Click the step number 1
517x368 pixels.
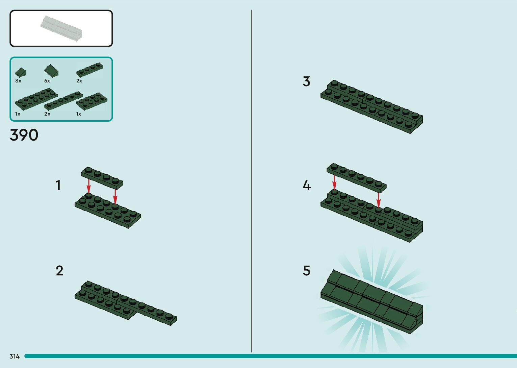click(x=58, y=185)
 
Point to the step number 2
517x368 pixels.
click(x=59, y=271)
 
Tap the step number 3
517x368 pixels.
click(x=306, y=81)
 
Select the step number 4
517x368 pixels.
click(x=306, y=185)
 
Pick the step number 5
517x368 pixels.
click(x=306, y=271)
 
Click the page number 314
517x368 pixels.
click(x=15, y=356)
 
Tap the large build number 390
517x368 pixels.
click(x=24, y=135)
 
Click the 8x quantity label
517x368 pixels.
click(x=18, y=81)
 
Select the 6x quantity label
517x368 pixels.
click(x=47, y=81)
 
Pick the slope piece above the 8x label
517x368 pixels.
click(x=21, y=72)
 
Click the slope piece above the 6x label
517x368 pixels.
click(x=51, y=71)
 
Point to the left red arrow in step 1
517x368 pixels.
click(x=89, y=186)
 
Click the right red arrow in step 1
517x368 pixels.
click(x=115, y=196)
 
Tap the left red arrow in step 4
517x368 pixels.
click(x=334, y=182)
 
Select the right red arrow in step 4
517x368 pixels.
click(x=379, y=200)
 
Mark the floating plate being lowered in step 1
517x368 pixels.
click(x=102, y=177)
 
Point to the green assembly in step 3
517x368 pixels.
click(x=371, y=106)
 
